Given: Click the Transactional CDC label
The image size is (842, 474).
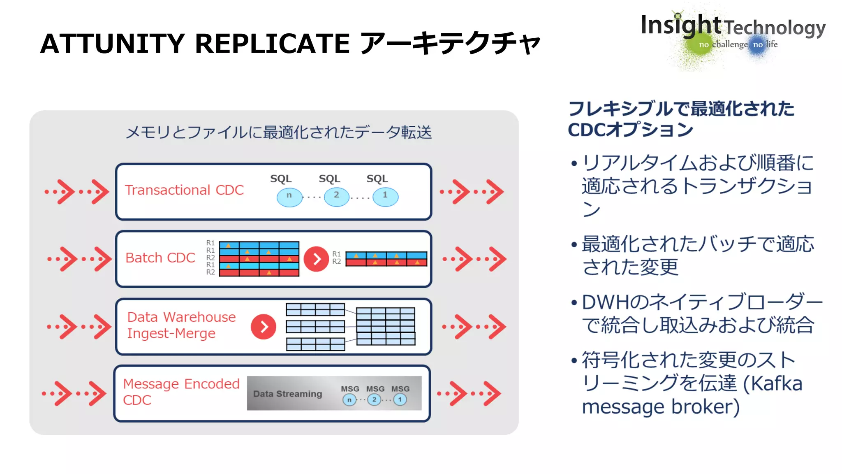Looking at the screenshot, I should pyautogui.click(x=184, y=190).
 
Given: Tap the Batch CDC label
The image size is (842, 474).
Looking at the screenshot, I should pyautogui.click(x=160, y=258).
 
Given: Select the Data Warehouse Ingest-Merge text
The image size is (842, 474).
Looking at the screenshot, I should pyautogui.click(x=181, y=325).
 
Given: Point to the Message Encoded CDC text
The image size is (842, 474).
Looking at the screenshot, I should pyautogui.click(x=181, y=391).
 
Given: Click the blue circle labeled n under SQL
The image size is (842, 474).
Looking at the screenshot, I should pyautogui.click(x=289, y=197).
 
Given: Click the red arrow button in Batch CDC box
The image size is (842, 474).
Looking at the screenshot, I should pyautogui.click(x=316, y=259).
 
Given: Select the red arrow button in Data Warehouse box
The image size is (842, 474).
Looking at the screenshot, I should pyautogui.click(x=264, y=327).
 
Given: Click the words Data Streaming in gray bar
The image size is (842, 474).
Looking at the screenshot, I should pyautogui.click(x=287, y=394).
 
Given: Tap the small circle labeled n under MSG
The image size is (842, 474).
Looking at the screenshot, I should pyautogui.click(x=349, y=400).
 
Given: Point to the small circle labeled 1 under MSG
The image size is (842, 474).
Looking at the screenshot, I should pyautogui.click(x=400, y=400).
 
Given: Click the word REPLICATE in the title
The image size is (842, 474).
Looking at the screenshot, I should pyautogui.click(x=272, y=44).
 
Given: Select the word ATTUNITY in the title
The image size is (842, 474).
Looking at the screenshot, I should pyautogui.click(x=112, y=44).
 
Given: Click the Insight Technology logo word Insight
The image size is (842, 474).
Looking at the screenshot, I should pyautogui.click(x=680, y=26).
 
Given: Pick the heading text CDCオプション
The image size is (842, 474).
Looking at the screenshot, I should pyautogui.click(x=630, y=130).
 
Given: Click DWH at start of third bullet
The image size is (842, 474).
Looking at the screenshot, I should pyautogui.click(x=605, y=302).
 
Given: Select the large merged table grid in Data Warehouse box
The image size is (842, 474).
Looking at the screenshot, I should pyautogui.click(x=385, y=326).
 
